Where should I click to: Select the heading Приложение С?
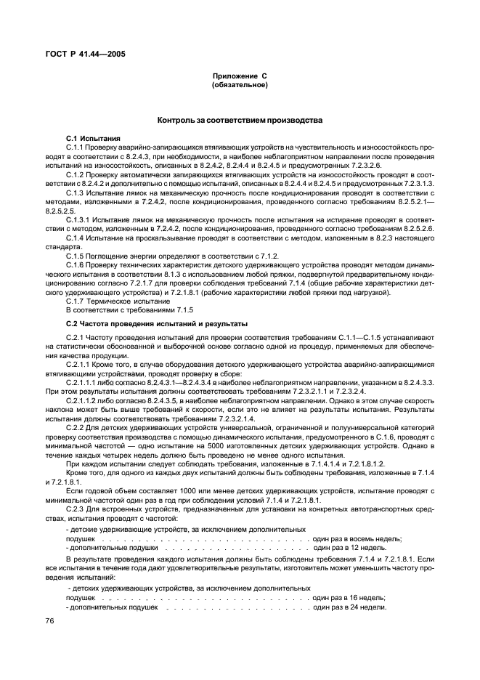coord(240,76)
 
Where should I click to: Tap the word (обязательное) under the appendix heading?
coord(240,85)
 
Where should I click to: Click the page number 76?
coord(51,620)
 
